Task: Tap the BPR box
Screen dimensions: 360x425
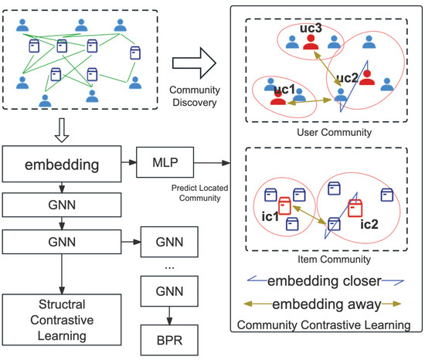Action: click(x=165, y=338)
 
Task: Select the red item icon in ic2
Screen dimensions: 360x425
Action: click(x=356, y=208)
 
